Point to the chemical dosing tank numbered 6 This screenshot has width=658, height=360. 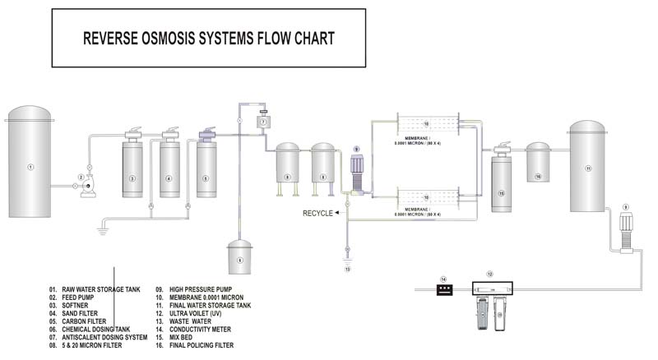239,257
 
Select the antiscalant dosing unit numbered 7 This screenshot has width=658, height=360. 264,122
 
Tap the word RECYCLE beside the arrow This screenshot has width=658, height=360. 317,213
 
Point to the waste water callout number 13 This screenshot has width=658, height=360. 347,269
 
